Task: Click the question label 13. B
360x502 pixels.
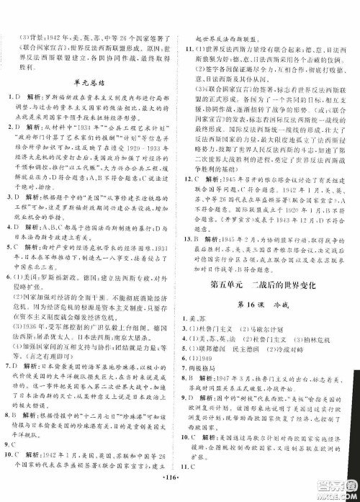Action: [x=194, y=238]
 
